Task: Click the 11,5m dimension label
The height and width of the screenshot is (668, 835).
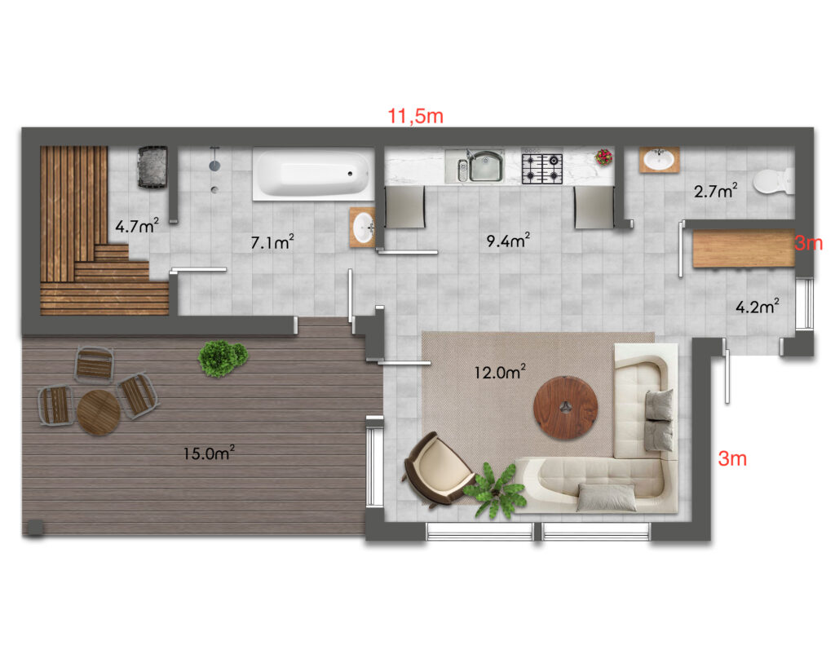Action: tap(415, 116)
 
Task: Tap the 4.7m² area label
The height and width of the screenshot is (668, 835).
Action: tap(137, 226)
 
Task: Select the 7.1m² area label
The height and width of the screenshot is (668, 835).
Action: tap(272, 242)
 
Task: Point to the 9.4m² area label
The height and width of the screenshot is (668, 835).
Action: tap(508, 241)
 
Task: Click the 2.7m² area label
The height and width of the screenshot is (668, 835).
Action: tap(716, 191)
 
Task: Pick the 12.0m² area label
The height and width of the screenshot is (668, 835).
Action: tap(500, 371)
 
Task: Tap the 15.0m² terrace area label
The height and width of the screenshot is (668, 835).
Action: tap(209, 453)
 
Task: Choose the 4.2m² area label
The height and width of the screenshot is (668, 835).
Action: tap(758, 307)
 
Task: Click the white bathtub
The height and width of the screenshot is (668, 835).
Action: tap(313, 175)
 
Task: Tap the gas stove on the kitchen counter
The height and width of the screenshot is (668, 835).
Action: tap(542, 166)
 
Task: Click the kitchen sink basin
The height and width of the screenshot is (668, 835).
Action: tap(486, 166)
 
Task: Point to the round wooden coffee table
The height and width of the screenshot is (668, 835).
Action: tap(566, 408)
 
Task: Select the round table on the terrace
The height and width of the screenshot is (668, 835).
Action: tap(99, 413)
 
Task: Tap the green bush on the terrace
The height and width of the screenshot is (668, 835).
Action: tap(222, 359)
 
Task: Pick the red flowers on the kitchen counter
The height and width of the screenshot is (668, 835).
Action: tap(604, 157)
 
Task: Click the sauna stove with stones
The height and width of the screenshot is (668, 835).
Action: tap(152, 166)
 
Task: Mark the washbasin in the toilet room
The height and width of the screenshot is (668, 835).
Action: tap(659, 159)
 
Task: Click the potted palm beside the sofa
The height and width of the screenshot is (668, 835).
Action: tap(495, 491)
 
